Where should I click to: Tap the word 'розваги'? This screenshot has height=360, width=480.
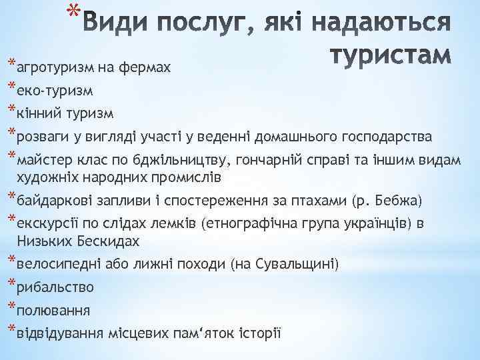43,137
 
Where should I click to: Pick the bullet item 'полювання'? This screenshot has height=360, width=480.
53,311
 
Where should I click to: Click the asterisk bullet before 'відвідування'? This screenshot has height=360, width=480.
11,330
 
